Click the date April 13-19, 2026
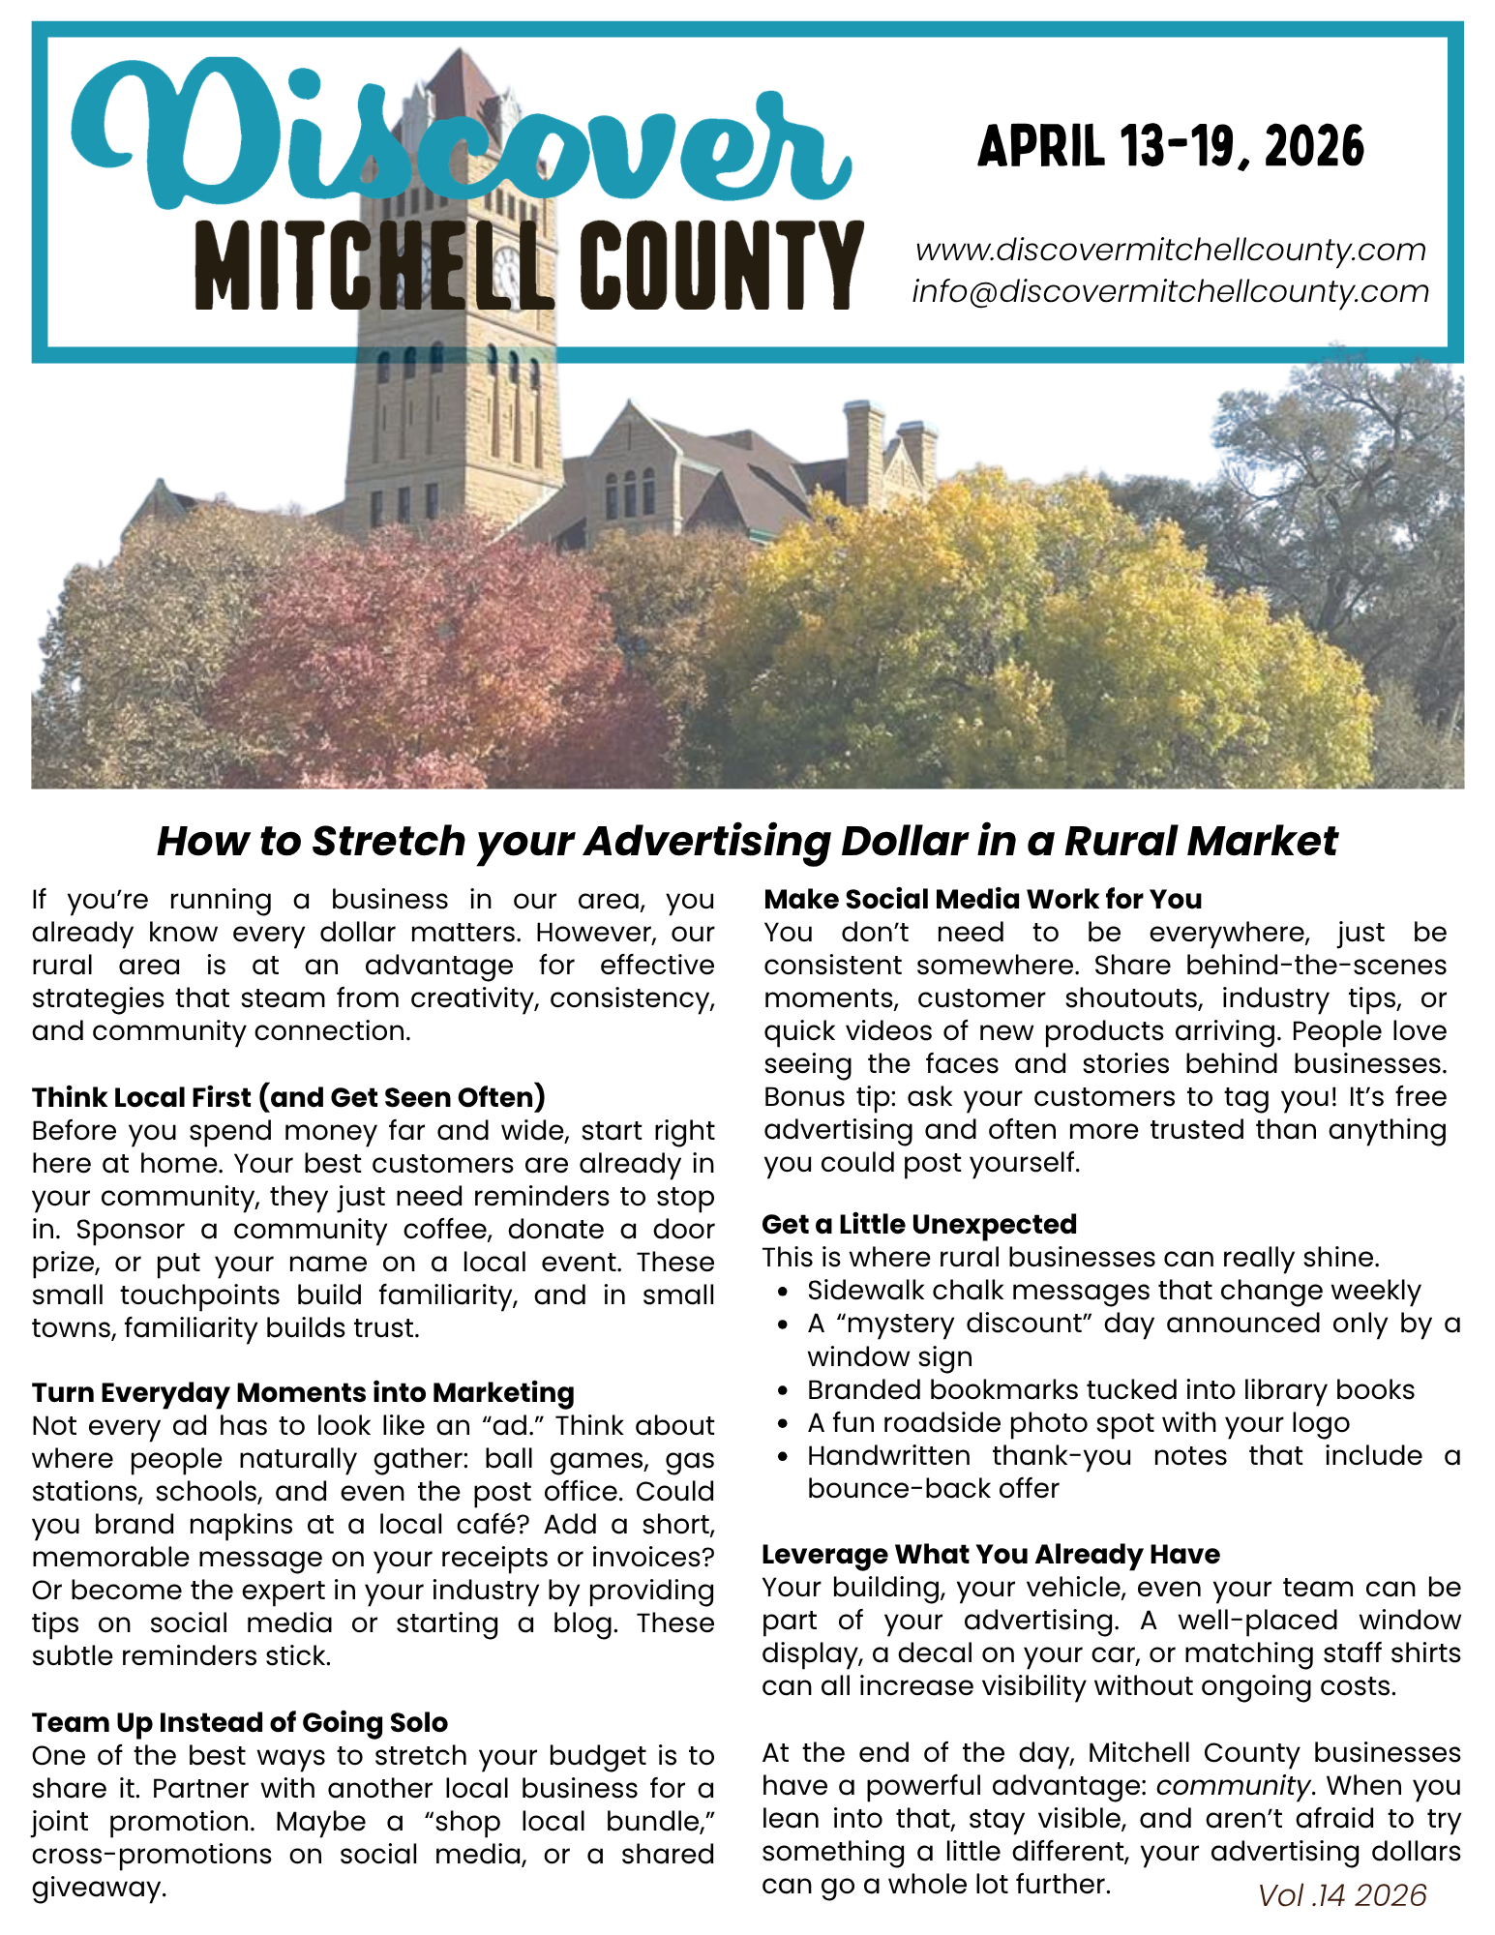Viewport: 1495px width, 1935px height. coord(1170,147)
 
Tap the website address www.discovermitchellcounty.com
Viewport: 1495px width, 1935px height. coord(1170,250)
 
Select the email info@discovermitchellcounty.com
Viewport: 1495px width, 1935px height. coord(1170,291)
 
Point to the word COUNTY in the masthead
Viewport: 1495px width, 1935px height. coord(727,266)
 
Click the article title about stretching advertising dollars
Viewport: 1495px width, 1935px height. coord(747,841)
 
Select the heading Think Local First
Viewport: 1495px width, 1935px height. coord(288,1097)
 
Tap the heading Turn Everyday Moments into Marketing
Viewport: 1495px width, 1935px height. coord(303,1392)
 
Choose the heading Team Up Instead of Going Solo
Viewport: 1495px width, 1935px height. coord(240,1722)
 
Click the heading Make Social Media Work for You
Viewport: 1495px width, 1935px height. coord(982,899)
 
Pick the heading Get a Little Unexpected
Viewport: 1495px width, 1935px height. coord(918,1224)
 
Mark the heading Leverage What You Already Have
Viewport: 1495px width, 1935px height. coord(990,1554)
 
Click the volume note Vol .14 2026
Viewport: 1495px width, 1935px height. coord(1342,1895)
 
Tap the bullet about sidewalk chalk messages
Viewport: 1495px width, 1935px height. coord(1113,1291)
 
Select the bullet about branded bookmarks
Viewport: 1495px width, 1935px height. coord(1110,1390)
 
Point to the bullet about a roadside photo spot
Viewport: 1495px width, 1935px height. coord(1078,1423)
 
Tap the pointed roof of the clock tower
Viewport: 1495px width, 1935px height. coord(463,82)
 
